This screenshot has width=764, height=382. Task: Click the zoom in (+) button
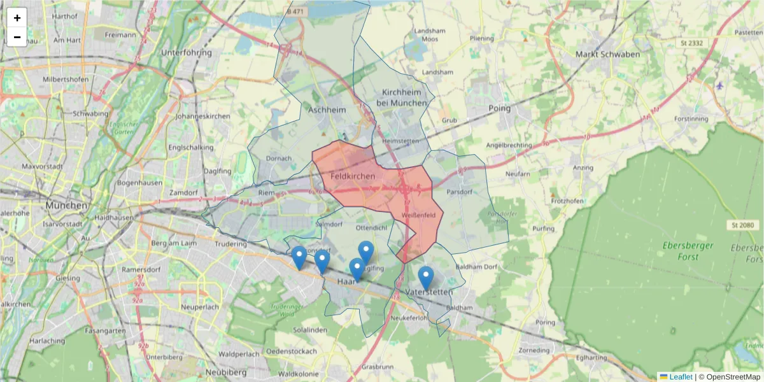(17, 18)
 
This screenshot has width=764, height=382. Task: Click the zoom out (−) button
(17, 37)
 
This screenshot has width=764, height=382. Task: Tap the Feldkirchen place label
(352, 176)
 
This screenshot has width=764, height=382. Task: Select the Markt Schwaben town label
(607, 54)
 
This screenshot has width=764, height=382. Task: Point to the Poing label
(500, 108)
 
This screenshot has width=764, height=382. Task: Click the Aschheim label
(327, 110)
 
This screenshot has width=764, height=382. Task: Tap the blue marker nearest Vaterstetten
(426, 278)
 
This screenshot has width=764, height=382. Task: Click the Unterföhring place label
(187, 52)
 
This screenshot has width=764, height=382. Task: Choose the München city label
(66, 206)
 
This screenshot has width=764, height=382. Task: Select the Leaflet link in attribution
(680, 377)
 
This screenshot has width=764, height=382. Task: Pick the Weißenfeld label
(418, 215)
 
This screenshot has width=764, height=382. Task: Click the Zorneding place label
(534, 350)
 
